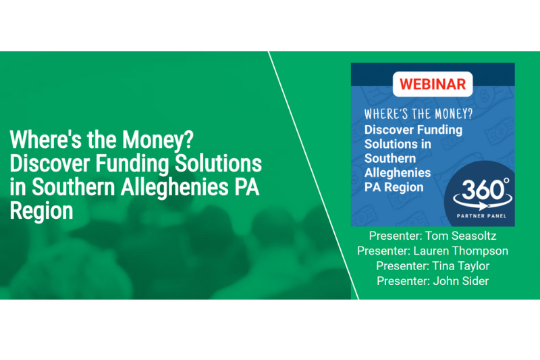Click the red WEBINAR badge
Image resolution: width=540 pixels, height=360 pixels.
pyautogui.click(x=433, y=84)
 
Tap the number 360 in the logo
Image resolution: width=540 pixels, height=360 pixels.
pyautogui.click(x=482, y=190)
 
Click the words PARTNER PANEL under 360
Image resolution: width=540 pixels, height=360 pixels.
pyautogui.click(x=481, y=216)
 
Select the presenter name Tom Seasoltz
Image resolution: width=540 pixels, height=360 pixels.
pyautogui.click(x=461, y=236)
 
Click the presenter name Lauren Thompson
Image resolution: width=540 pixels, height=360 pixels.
pyautogui.click(x=461, y=251)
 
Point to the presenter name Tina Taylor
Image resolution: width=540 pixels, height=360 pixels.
pyautogui.click(x=460, y=266)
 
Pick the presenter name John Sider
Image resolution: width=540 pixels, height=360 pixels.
pyautogui.click(x=461, y=281)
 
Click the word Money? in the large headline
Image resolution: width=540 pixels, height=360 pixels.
pyautogui.click(x=158, y=140)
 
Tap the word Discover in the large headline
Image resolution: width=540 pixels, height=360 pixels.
pyautogui.click(x=49, y=163)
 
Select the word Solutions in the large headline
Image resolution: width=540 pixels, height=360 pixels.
pyautogui.click(x=218, y=163)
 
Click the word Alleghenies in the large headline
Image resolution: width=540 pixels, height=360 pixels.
pyautogui.click(x=175, y=188)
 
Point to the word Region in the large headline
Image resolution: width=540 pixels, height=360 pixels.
pyautogui.click(x=41, y=211)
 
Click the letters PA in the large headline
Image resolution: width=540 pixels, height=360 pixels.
pyautogui.click(x=246, y=187)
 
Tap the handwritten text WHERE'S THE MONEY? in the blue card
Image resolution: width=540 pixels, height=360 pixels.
pyautogui.click(x=418, y=113)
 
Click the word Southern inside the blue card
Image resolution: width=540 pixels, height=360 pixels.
pyautogui.click(x=390, y=158)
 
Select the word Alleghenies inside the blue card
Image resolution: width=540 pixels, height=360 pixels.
pyautogui.click(x=398, y=173)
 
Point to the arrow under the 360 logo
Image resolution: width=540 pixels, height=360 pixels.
pyautogui.click(x=482, y=205)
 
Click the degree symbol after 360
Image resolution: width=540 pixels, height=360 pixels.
pyautogui.click(x=506, y=180)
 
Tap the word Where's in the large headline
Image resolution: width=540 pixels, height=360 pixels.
pyautogui.click(x=46, y=140)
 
